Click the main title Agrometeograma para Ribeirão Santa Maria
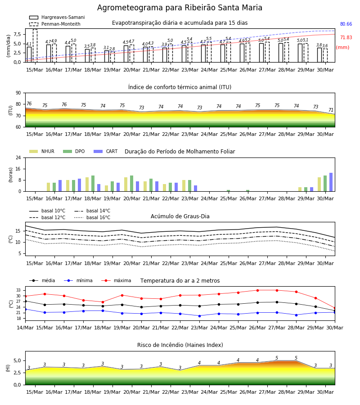click(x=180, y=8)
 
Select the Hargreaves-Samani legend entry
click(x=57, y=17)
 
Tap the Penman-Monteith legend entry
click(x=55, y=24)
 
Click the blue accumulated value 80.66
click(x=346, y=24)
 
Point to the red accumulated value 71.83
click(x=346, y=37)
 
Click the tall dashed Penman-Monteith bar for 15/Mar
click(x=35, y=46)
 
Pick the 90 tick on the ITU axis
click(x=18, y=93)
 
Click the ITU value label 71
click(x=331, y=110)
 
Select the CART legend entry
click(x=106, y=151)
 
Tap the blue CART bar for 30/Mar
click(x=331, y=182)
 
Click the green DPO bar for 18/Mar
click(x=93, y=184)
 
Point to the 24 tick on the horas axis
click(x=18, y=157)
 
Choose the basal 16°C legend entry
click(x=92, y=217)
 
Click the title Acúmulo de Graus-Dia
click(x=180, y=216)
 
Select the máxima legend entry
click(x=116, y=280)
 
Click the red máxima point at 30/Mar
click(x=335, y=308)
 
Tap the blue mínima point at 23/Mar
click(x=199, y=316)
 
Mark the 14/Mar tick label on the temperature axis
click(x=25, y=328)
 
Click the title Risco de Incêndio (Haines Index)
click(x=180, y=345)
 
